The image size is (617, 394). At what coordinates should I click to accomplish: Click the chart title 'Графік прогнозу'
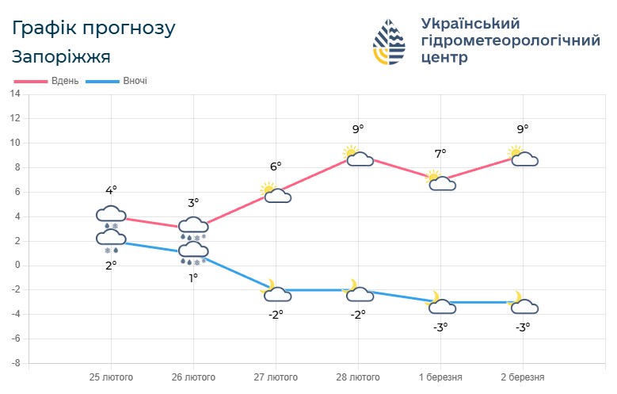click(93, 29)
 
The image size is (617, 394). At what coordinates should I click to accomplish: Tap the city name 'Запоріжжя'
click(61, 56)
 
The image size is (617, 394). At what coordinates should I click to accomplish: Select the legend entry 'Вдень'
click(64, 81)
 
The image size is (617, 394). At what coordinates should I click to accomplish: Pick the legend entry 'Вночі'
click(135, 81)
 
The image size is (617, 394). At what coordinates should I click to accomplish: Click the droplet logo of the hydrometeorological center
click(392, 42)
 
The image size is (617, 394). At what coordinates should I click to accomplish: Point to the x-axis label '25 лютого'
click(110, 377)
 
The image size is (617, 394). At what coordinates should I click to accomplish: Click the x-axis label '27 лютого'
click(276, 377)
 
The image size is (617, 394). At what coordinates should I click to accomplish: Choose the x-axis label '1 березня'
click(440, 377)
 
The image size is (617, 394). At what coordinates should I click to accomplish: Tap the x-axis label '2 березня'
click(522, 377)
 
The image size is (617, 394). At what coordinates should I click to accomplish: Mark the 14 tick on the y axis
click(15, 94)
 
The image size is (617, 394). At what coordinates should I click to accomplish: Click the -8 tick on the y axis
click(15, 363)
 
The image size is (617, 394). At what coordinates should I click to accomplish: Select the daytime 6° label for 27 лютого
click(276, 166)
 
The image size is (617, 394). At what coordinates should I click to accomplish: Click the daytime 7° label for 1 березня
click(440, 153)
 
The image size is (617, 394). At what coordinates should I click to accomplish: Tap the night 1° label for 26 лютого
click(192, 277)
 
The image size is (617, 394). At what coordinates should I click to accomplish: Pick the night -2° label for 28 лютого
click(357, 314)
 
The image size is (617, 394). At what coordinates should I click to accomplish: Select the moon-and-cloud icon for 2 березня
click(523, 303)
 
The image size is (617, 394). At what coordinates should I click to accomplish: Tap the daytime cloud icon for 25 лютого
click(111, 214)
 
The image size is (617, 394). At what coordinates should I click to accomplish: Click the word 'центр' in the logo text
click(444, 58)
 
